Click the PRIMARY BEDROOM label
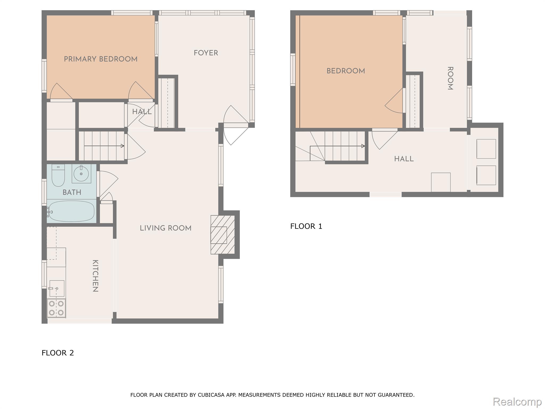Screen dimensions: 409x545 pos(101,59)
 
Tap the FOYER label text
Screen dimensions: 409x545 pos(206,53)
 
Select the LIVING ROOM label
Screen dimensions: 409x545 pos(166,228)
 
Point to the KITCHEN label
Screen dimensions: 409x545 pos(95,276)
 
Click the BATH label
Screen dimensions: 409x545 pos(72,192)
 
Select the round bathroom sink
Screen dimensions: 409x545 pos(81,174)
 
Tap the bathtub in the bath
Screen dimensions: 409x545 pos(71,211)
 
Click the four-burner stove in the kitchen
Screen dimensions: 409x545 pos(56,308)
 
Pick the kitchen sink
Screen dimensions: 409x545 pos(56,288)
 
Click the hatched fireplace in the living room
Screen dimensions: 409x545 pos(222,235)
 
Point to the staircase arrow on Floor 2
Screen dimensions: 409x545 pos(104,146)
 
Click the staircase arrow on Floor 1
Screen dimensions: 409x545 pos(337,146)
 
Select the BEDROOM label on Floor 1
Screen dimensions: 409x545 pos(346,71)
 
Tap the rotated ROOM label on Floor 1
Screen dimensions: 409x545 pos(450,78)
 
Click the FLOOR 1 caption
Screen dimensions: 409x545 pos(306,226)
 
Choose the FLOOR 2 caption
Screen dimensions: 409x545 pos(58,353)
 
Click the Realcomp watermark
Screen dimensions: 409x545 pos(517,402)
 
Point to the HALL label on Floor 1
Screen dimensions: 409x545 pos(404,159)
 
